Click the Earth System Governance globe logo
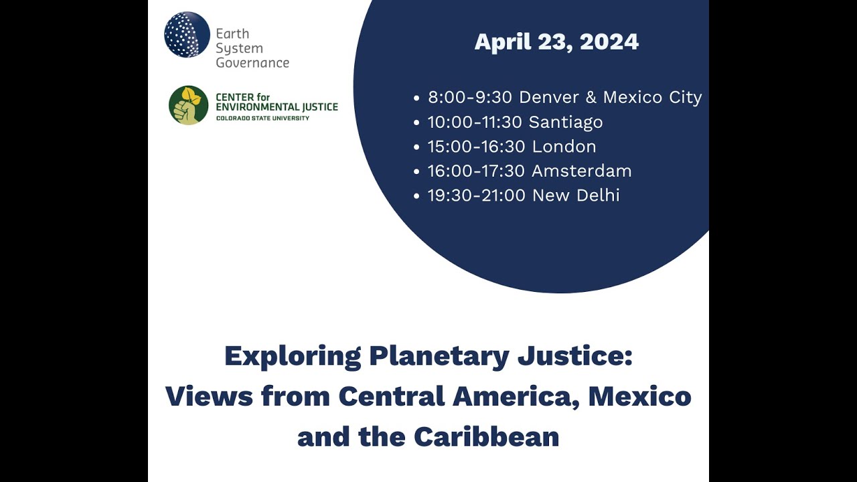187,35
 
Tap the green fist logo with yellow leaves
188,105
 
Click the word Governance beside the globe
252,63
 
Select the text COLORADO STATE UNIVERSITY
262,118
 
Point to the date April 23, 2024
556,42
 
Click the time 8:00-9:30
470,98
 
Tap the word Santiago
566,123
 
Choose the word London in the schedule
564,147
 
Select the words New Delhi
576,195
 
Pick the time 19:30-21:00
476,195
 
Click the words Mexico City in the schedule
652,98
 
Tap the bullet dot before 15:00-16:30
417,147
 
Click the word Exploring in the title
293,356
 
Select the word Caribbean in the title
486,437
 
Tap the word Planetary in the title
439,356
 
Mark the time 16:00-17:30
476,171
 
